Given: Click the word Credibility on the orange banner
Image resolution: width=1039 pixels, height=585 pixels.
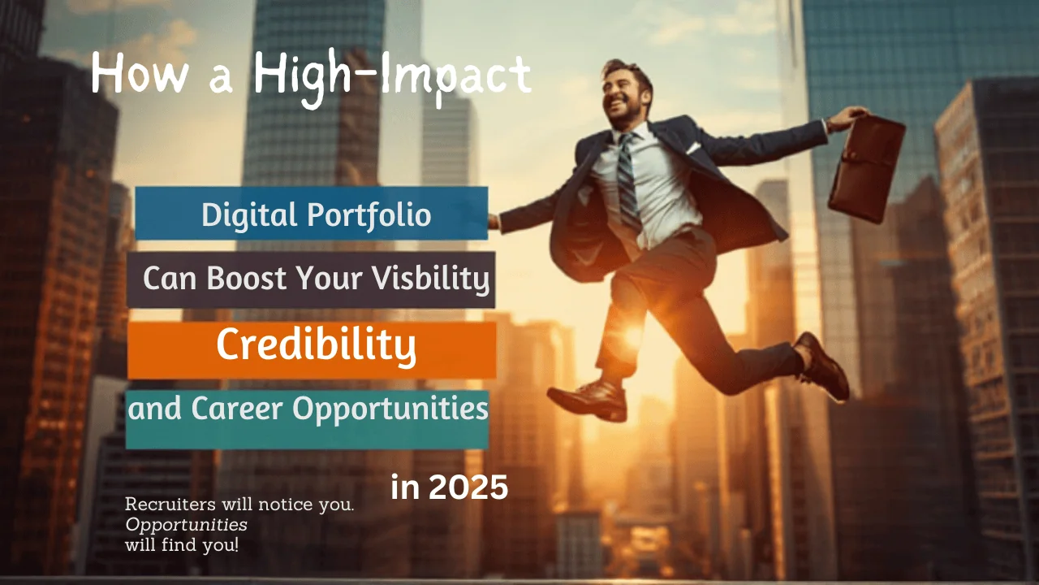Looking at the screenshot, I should (x=316, y=346).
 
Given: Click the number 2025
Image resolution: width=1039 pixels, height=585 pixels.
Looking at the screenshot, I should (x=467, y=487).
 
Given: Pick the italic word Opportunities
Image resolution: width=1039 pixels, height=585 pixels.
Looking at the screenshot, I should (x=186, y=524).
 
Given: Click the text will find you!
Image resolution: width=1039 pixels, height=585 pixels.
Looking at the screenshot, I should (x=182, y=544).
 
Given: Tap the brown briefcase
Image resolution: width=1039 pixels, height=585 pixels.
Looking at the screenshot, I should (x=866, y=168).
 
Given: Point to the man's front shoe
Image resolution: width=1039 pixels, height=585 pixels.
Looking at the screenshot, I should (x=586, y=399).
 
